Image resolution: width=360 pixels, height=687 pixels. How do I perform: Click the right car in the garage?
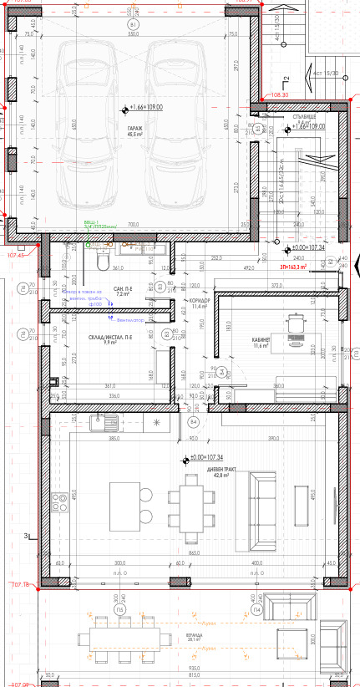coord(176,125)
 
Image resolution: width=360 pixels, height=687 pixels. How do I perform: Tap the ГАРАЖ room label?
coord(134,130)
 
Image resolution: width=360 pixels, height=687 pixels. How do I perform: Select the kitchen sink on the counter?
coord(88,423)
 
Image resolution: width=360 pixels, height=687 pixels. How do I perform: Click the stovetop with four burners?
coord(60,504)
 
